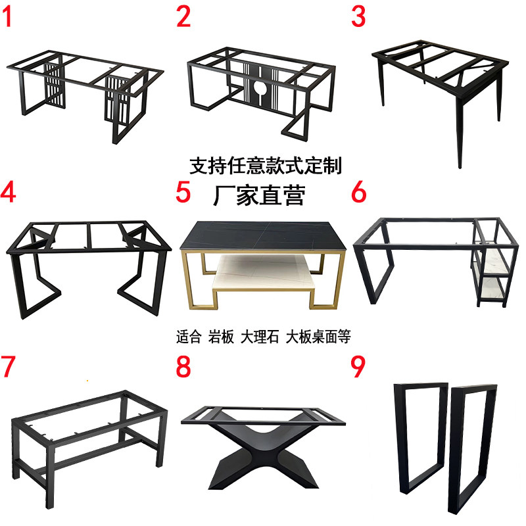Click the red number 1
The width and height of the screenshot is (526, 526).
tap(7, 17)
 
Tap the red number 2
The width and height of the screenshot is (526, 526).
tap(183, 17)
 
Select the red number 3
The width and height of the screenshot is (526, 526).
tap(358, 17)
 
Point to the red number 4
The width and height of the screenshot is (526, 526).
tap(8, 192)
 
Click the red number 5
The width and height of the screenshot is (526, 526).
tap(183, 192)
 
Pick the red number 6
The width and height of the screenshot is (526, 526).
tap(358, 192)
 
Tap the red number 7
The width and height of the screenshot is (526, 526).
tap(8, 366)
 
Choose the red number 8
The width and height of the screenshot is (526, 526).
tap(183, 366)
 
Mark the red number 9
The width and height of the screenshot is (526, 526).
tap(358, 366)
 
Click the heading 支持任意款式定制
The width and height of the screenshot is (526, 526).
tap(266, 166)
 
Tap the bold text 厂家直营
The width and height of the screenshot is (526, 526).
tap(259, 195)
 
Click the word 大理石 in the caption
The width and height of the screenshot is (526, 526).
tap(260, 337)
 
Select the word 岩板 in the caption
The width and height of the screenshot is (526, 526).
tap(221, 337)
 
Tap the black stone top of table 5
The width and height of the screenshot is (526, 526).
tap(262, 235)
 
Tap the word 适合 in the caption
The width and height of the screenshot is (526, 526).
tap(189, 337)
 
